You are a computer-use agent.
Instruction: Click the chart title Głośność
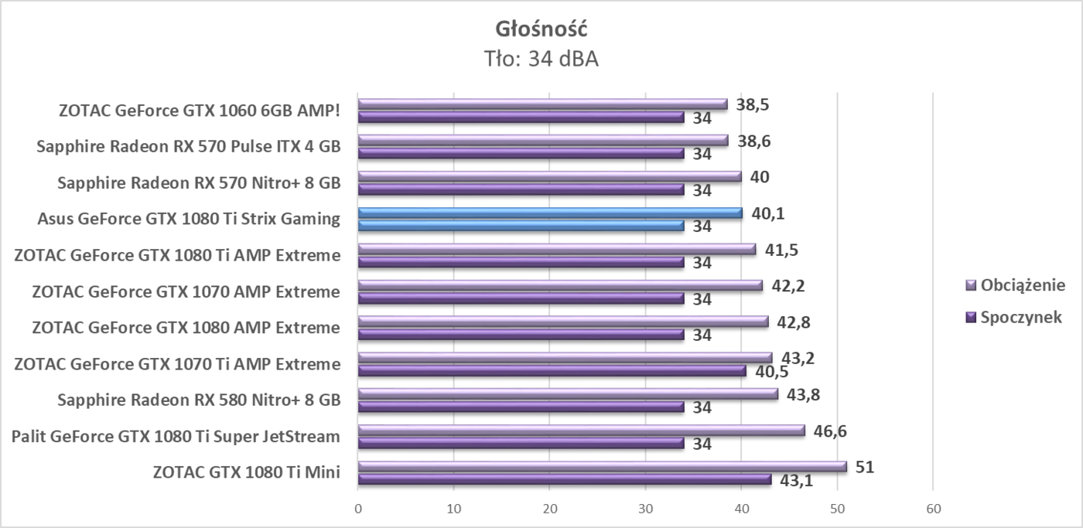[541, 29]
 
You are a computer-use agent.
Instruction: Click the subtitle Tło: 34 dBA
[541, 59]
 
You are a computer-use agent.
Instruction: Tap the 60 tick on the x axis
[933, 508]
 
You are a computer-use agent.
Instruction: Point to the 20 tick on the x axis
[549, 508]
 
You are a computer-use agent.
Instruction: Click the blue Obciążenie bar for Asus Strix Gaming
[550, 213]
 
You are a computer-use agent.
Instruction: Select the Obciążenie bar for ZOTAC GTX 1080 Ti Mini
[602, 466]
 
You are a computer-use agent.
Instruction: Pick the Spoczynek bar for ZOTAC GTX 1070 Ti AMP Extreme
[552, 371]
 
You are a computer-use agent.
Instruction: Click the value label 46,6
[831, 431]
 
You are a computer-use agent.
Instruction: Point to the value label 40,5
[771, 372]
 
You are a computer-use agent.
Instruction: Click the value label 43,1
[797, 481]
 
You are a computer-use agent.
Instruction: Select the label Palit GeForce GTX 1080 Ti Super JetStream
[176, 437]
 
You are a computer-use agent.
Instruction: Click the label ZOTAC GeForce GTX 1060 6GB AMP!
[200, 111]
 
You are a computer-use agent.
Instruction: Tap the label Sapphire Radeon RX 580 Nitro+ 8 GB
[199, 400]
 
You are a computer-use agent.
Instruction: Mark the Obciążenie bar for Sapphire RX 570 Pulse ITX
[542, 140]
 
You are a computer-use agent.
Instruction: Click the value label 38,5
[753, 104]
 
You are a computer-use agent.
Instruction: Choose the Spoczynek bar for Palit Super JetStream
[521, 444]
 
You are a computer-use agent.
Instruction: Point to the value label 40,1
[767, 213]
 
